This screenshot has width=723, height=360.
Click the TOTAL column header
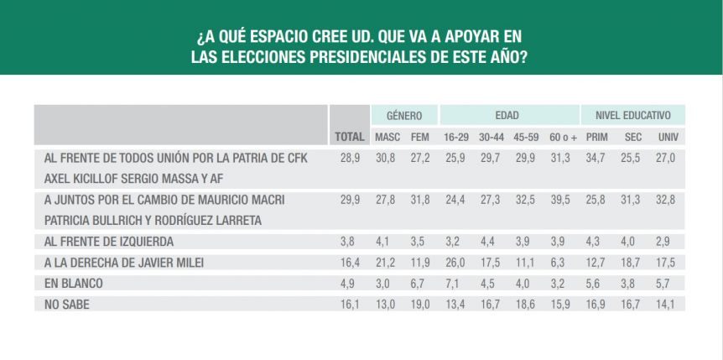click(350, 137)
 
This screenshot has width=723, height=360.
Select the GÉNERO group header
click(404, 116)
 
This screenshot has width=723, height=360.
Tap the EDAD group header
click(507, 116)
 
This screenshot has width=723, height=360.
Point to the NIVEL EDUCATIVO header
click(632, 116)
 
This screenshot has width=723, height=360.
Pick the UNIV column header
click(666, 137)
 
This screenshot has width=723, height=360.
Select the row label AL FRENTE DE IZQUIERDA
click(109, 242)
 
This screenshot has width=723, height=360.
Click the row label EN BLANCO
click(73, 284)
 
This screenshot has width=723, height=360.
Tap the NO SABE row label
click(67, 305)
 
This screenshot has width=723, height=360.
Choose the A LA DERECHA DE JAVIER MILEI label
click(124, 263)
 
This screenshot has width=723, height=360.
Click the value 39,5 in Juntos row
click(560, 200)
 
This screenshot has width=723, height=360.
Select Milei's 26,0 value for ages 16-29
click(453, 263)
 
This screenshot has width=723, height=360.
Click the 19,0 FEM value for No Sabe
click(420, 305)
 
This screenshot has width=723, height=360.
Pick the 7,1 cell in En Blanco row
click(453, 284)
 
